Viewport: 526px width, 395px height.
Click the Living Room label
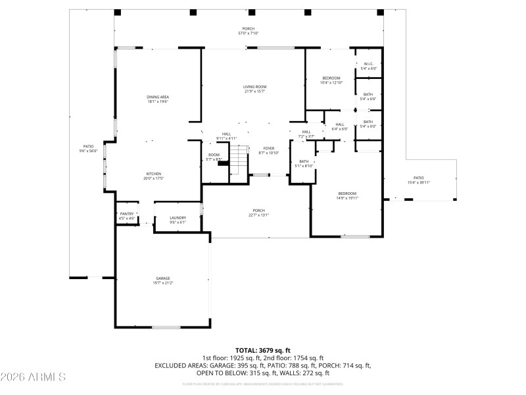(x=254, y=89)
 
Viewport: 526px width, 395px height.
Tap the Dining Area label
(x=158, y=99)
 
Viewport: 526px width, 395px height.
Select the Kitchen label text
(x=153, y=176)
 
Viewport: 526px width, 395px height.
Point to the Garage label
(x=163, y=280)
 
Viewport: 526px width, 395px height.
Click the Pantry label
(x=126, y=216)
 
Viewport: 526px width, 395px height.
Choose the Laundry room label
(x=178, y=220)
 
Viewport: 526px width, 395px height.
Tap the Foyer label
(x=269, y=151)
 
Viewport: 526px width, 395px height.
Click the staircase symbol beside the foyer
(x=238, y=161)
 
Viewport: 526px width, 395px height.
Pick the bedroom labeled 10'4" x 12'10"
(x=331, y=80)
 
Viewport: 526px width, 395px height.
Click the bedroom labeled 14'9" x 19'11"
(x=347, y=195)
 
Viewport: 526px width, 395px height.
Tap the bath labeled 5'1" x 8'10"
(x=304, y=164)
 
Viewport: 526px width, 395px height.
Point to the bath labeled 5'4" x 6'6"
(x=368, y=97)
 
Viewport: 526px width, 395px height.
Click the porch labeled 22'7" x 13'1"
(x=258, y=213)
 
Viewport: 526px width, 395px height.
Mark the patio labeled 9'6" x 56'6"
(x=88, y=149)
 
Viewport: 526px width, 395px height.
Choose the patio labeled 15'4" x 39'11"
(x=418, y=180)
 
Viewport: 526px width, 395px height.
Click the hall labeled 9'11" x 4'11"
(x=226, y=136)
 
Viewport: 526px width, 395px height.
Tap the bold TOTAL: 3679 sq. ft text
(x=263, y=350)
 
